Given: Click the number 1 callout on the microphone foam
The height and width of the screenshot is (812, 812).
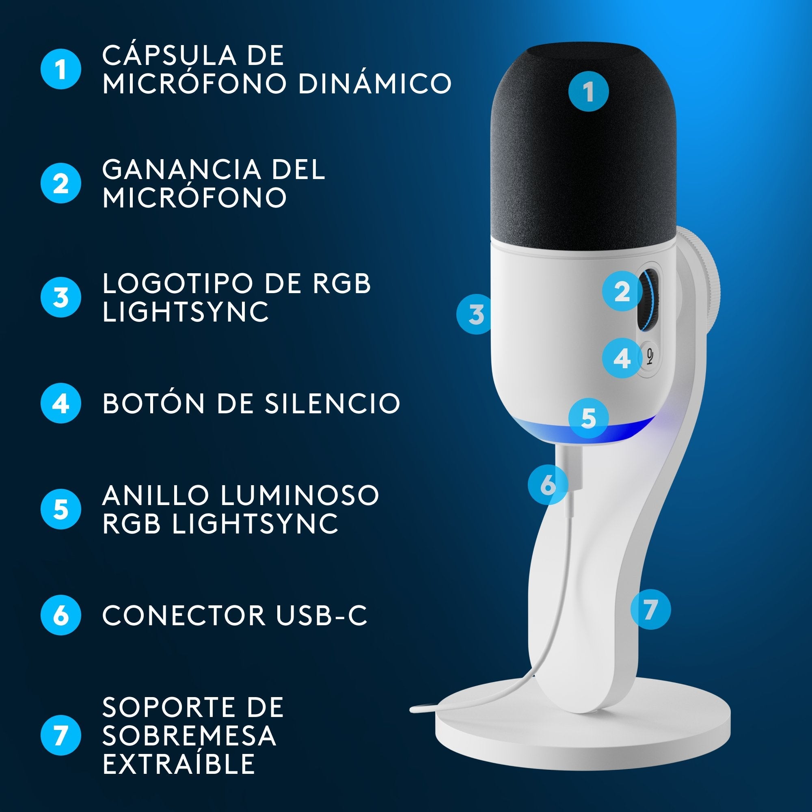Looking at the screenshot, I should (x=588, y=91).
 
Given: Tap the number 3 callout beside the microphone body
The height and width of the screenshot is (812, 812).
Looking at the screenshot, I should (x=475, y=314).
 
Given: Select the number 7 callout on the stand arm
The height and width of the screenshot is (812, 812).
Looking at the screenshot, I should (x=650, y=609).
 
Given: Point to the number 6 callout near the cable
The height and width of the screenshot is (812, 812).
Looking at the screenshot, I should (x=548, y=485).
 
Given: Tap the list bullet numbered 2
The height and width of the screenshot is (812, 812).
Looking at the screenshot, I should (x=60, y=183).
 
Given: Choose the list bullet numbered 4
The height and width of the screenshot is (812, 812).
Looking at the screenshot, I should (x=60, y=403).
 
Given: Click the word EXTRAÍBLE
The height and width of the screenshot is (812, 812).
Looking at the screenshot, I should (x=179, y=763).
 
